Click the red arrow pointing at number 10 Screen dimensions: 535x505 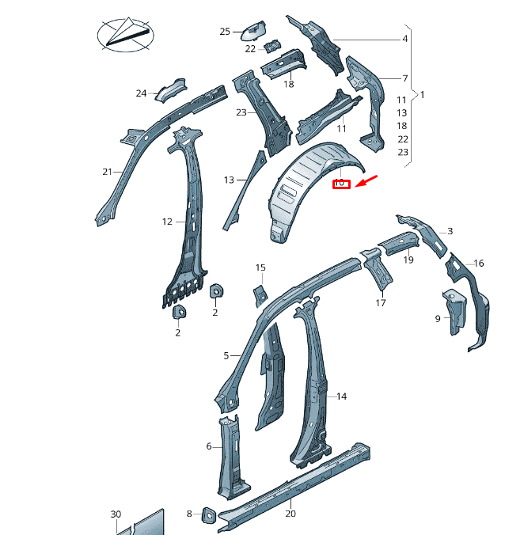tap(367, 182)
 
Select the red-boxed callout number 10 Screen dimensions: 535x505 tap(340, 184)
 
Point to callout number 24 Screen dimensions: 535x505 tap(141, 93)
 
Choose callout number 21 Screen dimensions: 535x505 tap(108, 172)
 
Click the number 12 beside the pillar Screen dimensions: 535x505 tap(167, 222)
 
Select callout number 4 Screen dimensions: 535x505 tap(404, 39)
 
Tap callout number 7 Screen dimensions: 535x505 tap(404, 78)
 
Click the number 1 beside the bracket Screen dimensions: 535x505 tap(422, 95)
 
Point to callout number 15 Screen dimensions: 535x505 tap(260, 268)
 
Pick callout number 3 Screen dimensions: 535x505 tap(450, 231)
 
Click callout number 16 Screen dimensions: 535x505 tap(478, 264)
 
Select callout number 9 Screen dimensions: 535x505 tap(437, 319)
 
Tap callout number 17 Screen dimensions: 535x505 tap(381, 302)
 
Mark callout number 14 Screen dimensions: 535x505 tap(342, 396)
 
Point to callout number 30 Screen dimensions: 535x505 tap(116, 514)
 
